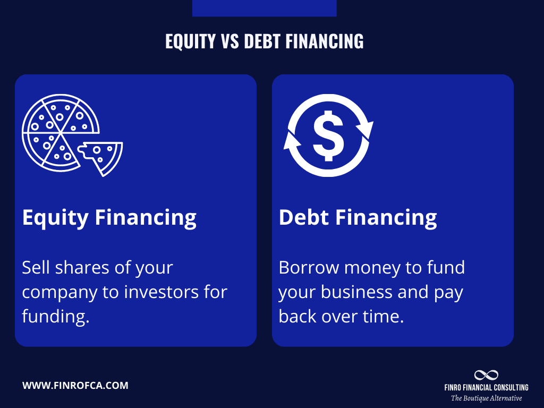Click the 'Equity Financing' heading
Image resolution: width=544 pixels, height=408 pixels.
[x=109, y=217]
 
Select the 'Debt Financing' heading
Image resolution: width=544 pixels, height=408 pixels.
[x=358, y=217]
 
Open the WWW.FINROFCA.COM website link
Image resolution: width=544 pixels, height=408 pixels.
[x=75, y=386]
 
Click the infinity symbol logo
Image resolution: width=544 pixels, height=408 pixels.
[x=486, y=375]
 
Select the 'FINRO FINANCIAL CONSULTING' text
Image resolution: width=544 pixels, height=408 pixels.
[x=486, y=388]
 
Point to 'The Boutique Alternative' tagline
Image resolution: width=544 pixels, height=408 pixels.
[x=486, y=398]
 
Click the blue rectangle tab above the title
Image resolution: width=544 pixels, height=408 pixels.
[x=264, y=8]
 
